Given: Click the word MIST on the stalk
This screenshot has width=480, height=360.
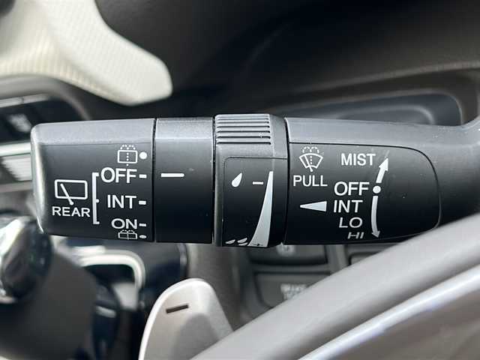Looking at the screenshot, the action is click(x=358, y=160).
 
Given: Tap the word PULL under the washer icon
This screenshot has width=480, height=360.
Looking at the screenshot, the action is click(x=310, y=181).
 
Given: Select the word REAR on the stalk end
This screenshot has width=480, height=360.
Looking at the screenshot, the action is click(x=71, y=211).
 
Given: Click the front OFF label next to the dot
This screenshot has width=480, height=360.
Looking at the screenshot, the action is click(x=351, y=188).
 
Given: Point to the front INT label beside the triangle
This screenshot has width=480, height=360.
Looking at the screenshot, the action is click(x=348, y=206).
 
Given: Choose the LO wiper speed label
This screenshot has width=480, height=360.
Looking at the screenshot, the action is click(x=350, y=223).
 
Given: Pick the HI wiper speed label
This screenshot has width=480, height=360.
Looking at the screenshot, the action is click(x=355, y=235).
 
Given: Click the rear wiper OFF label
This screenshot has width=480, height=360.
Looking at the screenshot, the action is click(x=118, y=175).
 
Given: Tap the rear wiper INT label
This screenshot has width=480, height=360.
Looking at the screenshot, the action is click(x=121, y=202).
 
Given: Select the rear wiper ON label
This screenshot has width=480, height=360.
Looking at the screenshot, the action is click(x=124, y=223).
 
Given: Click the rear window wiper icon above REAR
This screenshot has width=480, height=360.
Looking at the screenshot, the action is click(x=71, y=192).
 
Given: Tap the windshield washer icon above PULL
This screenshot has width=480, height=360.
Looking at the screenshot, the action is click(x=310, y=158).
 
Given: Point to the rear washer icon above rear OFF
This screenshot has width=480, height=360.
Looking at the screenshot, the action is click(x=127, y=154).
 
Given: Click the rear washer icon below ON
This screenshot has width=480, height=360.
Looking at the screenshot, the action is click(x=128, y=235).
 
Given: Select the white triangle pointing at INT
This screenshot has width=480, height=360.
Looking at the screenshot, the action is click(x=313, y=206).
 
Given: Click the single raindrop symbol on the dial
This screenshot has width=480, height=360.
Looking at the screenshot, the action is click(x=237, y=180).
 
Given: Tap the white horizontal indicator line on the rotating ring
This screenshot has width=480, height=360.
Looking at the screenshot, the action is click(x=172, y=175).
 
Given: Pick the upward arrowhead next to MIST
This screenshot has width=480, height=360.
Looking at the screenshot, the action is click(x=384, y=165).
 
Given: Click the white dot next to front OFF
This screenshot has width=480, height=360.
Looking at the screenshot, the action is click(x=376, y=190).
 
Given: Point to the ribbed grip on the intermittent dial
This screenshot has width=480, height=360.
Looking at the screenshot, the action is click(x=244, y=130).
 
